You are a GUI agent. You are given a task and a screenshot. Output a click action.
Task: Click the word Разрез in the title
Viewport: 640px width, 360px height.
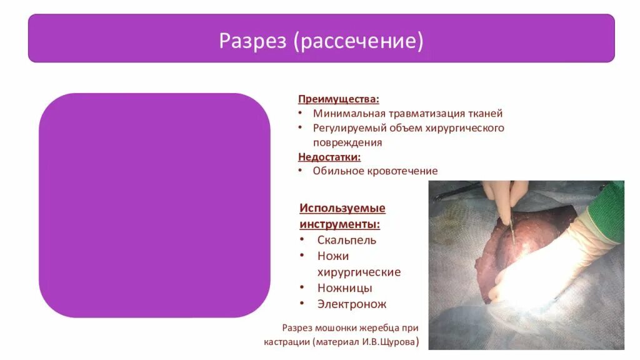click(252, 41)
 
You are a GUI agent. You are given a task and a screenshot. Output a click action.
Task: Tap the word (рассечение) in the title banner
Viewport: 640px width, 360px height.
click(358, 41)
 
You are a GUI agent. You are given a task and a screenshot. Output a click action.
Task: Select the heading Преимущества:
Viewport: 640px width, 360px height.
click(338, 99)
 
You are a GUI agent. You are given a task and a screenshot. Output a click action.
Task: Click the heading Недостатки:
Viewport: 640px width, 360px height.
click(329, 157)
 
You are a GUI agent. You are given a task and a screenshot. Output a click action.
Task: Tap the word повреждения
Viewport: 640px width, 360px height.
click(347, 143)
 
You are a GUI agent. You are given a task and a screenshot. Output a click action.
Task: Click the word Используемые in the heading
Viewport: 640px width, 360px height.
click(342, 208)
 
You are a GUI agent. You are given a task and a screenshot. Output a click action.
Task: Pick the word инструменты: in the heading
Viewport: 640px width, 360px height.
click(339, 224)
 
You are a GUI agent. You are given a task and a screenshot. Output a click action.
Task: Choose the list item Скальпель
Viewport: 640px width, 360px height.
click(346, 240)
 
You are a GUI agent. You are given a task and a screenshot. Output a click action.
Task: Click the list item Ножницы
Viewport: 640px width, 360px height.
click(344, 288)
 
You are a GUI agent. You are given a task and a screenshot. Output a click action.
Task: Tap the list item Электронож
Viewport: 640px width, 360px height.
click(352, 304)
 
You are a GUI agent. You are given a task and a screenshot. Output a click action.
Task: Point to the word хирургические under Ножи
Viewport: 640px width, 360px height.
click(359, 272)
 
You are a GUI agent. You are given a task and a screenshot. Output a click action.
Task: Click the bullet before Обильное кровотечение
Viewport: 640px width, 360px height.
click(301, 171)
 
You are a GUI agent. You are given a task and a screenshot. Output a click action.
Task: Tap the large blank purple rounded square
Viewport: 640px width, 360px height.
click(155, 205)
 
